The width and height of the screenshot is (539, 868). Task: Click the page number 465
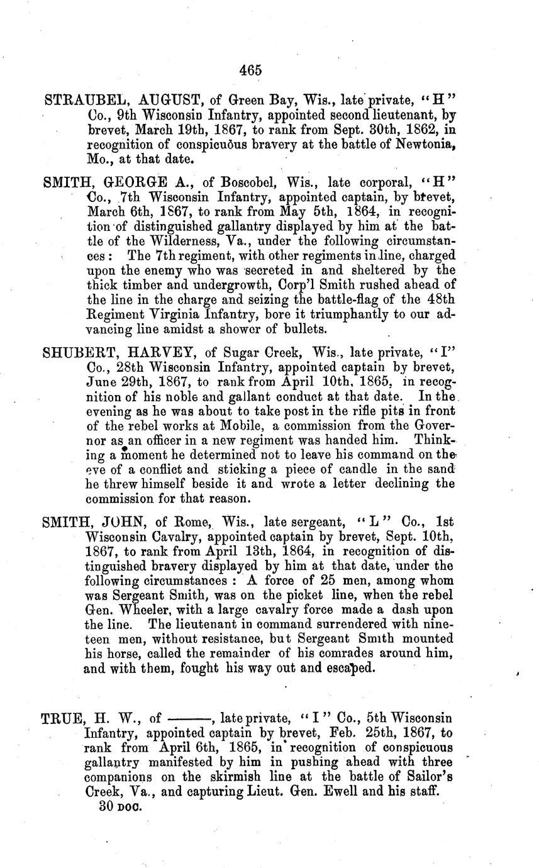(250, 70)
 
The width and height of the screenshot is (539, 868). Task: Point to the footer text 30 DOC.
(119, 807)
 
